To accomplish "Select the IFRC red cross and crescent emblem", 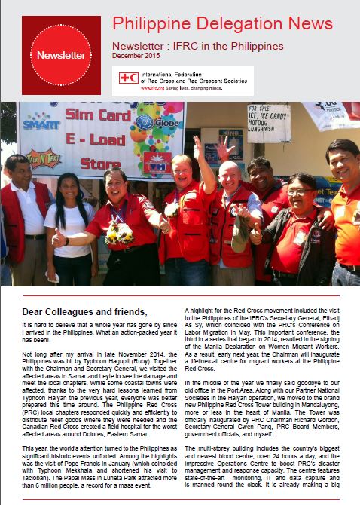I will coord(128,78).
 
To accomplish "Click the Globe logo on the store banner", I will coord(151,124).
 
